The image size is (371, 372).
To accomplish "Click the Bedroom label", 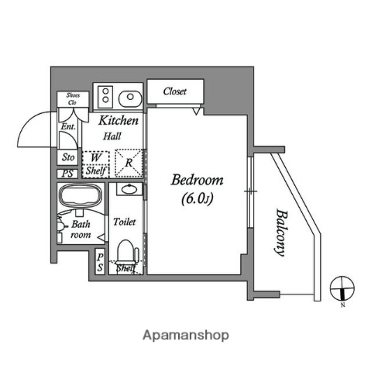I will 197,180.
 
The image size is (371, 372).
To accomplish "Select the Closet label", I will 174,91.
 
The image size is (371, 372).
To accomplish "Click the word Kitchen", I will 119,121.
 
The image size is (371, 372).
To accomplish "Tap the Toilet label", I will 125,222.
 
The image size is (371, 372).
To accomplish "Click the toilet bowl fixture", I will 125,252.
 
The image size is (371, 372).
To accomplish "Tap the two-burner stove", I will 104,97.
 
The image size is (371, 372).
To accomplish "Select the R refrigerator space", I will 129,163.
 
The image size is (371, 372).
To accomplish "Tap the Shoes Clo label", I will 71,99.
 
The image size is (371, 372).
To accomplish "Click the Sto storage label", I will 68,157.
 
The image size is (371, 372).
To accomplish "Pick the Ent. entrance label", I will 67,126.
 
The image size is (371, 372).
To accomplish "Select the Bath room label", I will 80,229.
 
